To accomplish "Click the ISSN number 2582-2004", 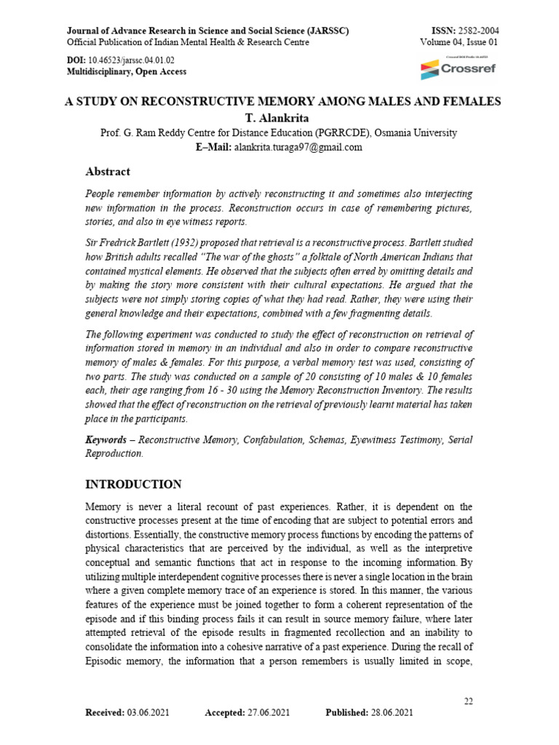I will pyautogui.click(x=477, y=31).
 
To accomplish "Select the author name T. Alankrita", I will pyautogui.click(x=279, y=118).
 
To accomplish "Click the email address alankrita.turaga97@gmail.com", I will pyautogui.click(x=298, y=147).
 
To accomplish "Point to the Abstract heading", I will pyautogui.click(x=108, y=172).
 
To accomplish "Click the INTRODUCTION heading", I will pyautogui.click(x=134, y=485).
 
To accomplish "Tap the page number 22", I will pyautogui.click(x=469, y=701).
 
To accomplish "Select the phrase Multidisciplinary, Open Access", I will pyautogui.click(x=127, y=71).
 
